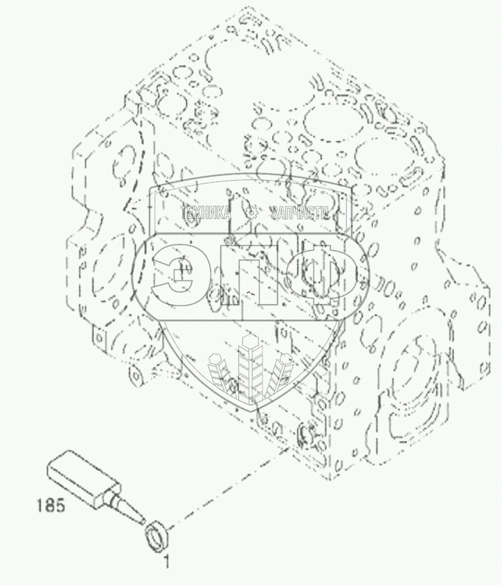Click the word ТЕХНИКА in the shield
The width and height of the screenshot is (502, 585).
206,214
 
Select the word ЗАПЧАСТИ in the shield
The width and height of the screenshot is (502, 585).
298,214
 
